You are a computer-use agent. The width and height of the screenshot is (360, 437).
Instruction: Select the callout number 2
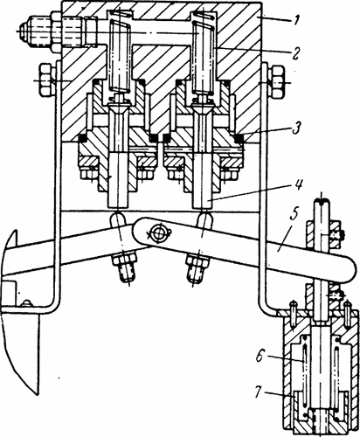(x=296, y=53)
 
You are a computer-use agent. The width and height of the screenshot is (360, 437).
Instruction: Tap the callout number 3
(x=296, y=128)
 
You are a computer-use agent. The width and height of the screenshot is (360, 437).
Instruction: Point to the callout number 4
(x=299, y=186)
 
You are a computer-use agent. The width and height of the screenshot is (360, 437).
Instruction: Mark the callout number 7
(x=259, y=392)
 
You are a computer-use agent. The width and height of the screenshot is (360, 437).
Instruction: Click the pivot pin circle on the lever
(x=159, y=232)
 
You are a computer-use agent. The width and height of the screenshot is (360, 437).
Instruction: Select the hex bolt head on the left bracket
(x=45, y=80)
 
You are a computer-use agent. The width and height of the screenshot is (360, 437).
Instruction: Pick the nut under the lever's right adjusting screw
(x=197, y=262)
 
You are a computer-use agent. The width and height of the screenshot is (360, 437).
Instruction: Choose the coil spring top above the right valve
(x=204, y=16)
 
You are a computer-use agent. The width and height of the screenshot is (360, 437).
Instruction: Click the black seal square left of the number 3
(x=239, y=138)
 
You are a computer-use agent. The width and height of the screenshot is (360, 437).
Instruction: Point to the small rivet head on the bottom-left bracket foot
(x=27, y=303)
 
